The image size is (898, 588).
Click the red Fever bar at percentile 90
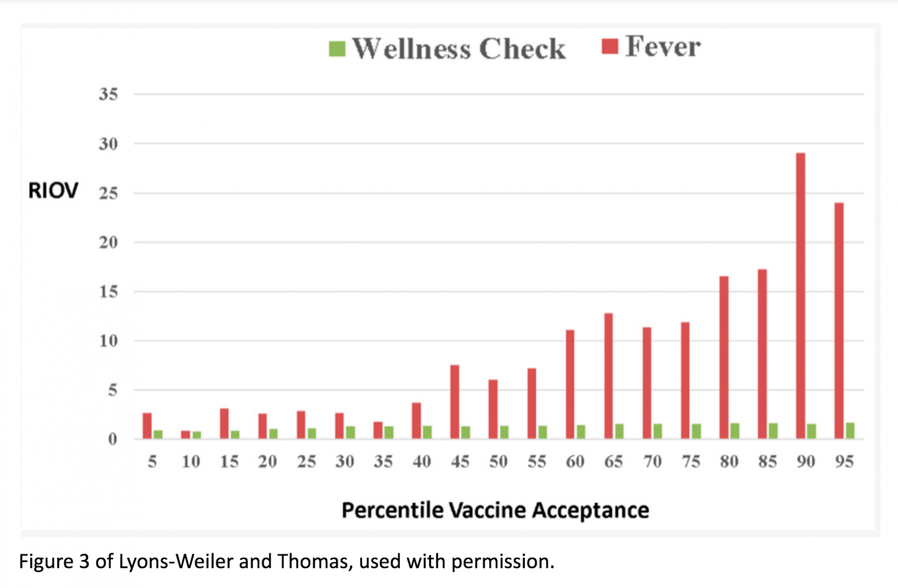(800, 295)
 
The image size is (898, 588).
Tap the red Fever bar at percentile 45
(454, 402)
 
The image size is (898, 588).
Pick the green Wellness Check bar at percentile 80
(735, 431)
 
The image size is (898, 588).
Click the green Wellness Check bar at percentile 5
(158, 434)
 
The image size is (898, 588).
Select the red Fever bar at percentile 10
(185, 435)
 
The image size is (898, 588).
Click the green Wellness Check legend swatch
(337, 49)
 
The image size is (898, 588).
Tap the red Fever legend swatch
(610, 46)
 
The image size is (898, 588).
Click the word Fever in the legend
(663, 46)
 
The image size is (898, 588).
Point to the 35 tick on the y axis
(108, 94)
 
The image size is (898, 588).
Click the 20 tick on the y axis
(108, 242)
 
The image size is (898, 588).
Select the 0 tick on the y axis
(112, 439)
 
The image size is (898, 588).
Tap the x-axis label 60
(575, 462)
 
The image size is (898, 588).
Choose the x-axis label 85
(767, 462)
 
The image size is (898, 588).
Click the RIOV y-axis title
(53, 191)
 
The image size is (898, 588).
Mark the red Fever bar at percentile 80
(724, 357)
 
